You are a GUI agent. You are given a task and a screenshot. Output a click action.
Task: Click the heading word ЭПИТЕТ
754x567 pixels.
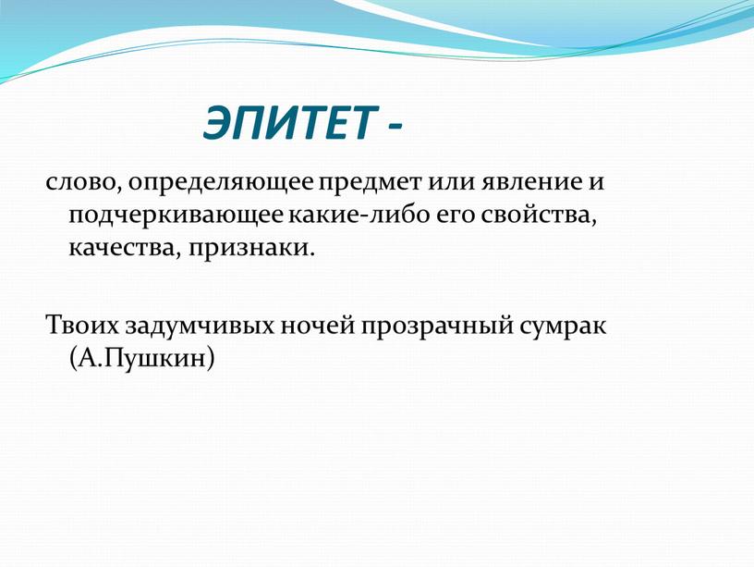click(x=289, y=122)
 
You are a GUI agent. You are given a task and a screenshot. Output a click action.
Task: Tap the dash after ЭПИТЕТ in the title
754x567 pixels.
click(x=394, y=127)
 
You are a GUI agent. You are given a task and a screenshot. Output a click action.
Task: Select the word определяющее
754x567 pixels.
click(x=221, y=185)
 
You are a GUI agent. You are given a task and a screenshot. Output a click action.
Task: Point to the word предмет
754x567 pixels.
click(x=368, y=185)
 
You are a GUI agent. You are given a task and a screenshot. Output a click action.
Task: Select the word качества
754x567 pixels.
click(x=122, y=249)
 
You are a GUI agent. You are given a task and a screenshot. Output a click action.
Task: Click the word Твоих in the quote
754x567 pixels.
click(x=81, y=326)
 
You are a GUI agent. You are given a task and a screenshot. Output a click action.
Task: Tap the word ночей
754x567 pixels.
click(x=316, y=326)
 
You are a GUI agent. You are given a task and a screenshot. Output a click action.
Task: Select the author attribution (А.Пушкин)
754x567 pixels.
click(x=141, y=359)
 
